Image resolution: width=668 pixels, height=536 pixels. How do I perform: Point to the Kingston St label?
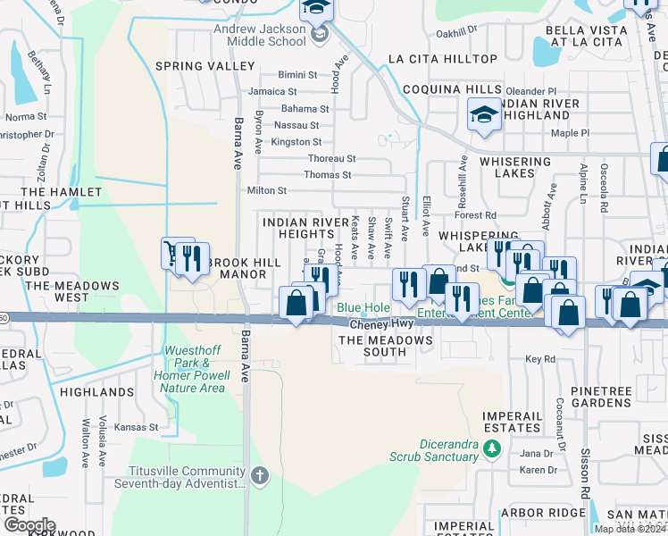pos(296,142)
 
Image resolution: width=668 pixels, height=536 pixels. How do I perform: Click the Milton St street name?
pos(266,190)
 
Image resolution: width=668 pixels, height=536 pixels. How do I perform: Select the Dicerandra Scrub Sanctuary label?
pos(448,450)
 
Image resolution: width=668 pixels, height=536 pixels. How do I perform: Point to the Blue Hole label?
pos(363,308)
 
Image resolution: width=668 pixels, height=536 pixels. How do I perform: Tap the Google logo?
pos(29,525)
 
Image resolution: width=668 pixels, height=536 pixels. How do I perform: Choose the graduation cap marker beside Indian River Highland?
pos(483,116)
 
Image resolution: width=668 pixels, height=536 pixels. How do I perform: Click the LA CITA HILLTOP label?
pos(443,59)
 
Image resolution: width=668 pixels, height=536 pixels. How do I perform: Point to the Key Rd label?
pos(540,359)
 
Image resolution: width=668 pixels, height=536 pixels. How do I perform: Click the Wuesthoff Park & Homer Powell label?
pos(193,369)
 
